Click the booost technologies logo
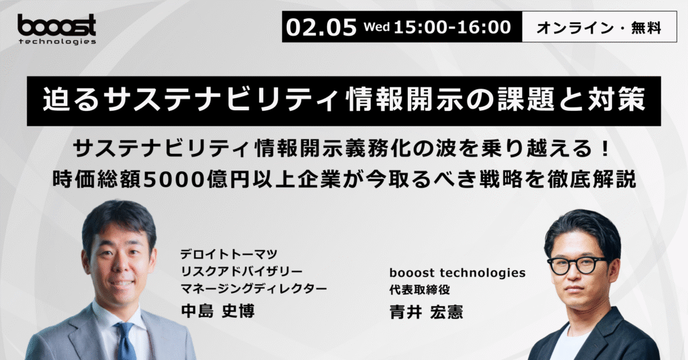pyautogui.click(x=56, y=29)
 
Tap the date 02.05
pyautogui.click(x=321, y=27)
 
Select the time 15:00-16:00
pyautogui.click(x=452, y=27)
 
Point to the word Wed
pyautogui.click(x=377, y=27)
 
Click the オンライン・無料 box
pyautogui.click(x=599, y=27)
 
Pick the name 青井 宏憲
pyautogui.click(x=426, y=312)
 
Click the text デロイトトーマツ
pyautogui.click(x=228, y=254)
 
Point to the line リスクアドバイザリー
pyautogui.click(x=241, y=271)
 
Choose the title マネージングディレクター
pyautogui.click(x=253, y=289)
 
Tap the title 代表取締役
pyautogui.click(x=419, y=289)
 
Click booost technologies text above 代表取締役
pyautogui.click(x=457, y=273)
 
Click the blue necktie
pyautogui.click(x=126, y=341)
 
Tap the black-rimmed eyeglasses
pyautogui.click(x=576, y=265)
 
